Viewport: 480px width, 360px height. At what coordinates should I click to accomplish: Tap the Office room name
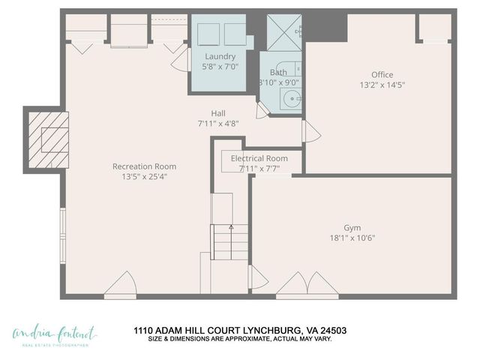(x=382, y=74)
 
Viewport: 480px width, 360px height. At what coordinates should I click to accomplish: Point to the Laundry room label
(x=220, y=56)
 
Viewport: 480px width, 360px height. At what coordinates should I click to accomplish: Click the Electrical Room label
(x=259, y=158)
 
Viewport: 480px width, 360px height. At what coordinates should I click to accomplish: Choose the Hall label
(x=218, y=113)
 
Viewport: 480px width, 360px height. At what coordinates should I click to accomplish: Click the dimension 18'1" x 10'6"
(x=352, y=238)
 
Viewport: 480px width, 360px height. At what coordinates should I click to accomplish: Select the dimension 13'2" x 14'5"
(x=382, y=85)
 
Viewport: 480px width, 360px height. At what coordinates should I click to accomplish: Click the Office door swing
(x=310, y=133)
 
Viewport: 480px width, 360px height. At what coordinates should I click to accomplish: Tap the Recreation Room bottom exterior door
(x=120, y=286)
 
